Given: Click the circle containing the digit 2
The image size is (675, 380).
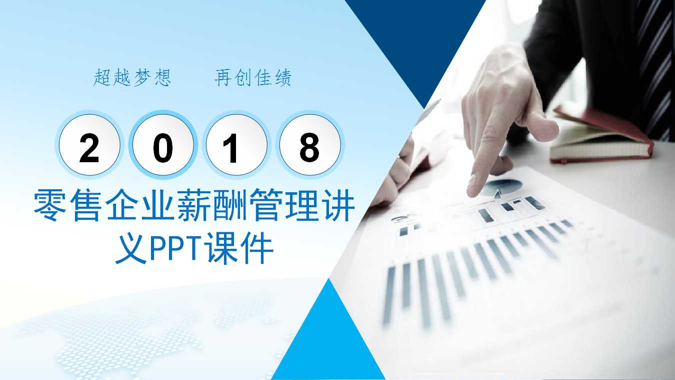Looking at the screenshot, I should pos(89,146).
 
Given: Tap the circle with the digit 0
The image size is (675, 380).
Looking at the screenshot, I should pos(163,146).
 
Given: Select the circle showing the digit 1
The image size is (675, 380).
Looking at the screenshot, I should pos(236,146).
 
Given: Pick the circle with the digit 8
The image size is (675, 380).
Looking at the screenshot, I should pos(309,146).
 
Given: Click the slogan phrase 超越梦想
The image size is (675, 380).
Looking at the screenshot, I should pos(132,78).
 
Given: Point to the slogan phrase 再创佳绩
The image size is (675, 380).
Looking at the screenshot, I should pos(253,78).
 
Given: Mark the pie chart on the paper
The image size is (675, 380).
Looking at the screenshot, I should pos(502,187).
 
